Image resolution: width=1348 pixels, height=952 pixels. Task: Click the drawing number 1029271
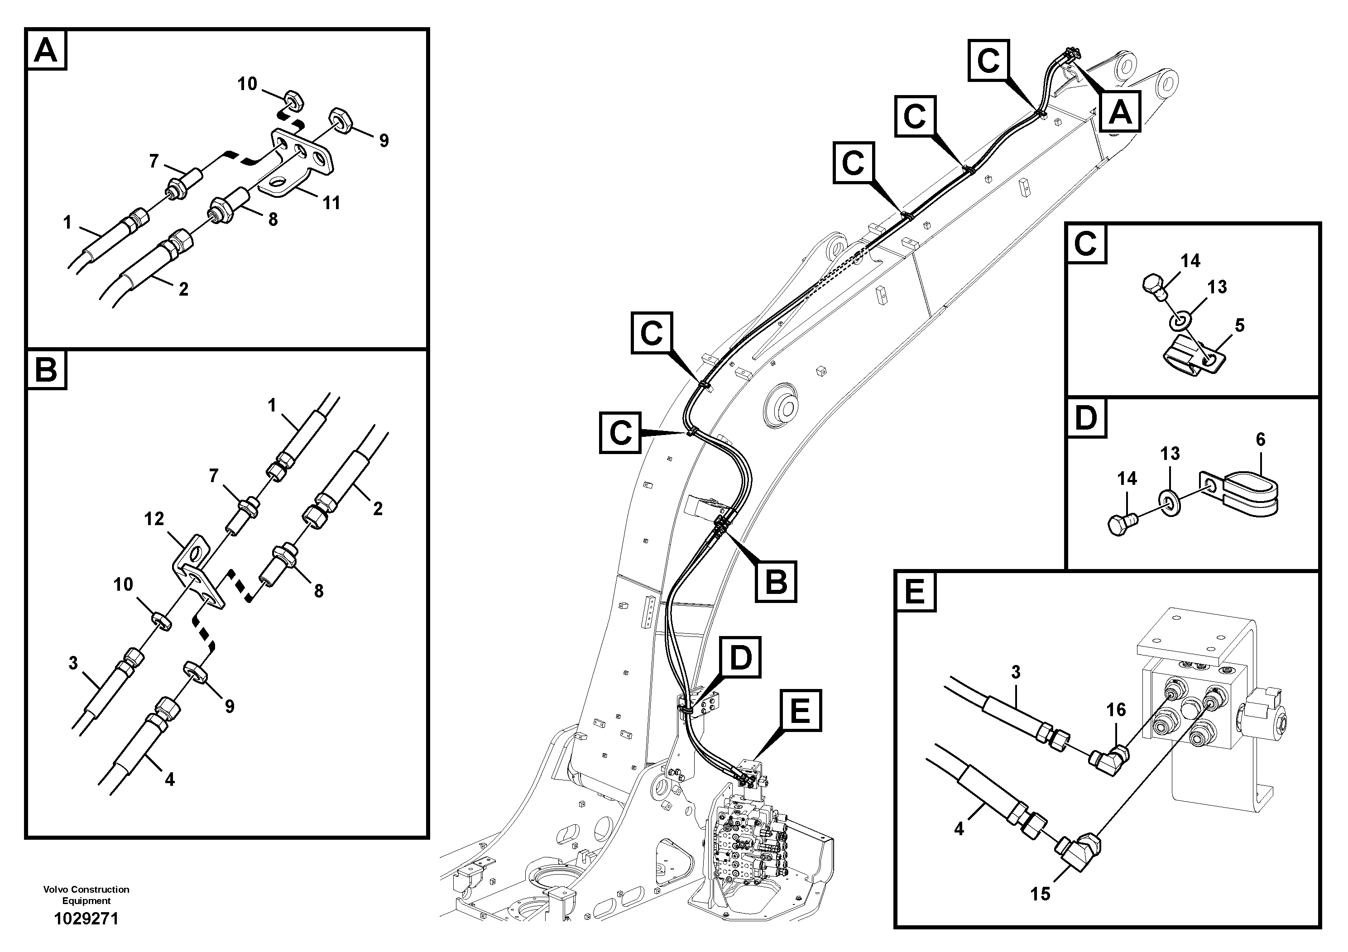pyautogui.click(x=86, y=919)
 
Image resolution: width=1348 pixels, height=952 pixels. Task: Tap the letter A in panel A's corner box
pyautogui.click(x=46, y=51)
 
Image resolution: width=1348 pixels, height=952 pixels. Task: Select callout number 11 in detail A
pyautogui.click(x=332, y=203)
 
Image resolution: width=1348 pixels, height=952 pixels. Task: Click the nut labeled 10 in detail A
pyautogui.click(x=293, y=100)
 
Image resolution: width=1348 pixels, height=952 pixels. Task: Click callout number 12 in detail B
pyautogui.click(x=154, y=519)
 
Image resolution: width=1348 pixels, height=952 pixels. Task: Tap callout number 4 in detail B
pyautogui.click(x=170, y=780)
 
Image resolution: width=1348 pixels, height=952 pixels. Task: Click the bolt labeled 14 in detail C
pyautogui.click(x=1155, y=288)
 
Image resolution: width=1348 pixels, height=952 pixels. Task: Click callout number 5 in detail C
pyautogui.click(x=1239, y=325)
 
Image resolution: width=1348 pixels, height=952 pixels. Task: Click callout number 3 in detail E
pyautogui.click(x=1016, y=672)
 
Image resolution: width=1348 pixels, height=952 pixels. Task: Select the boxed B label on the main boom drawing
pyautogui.click(x=776, y=582)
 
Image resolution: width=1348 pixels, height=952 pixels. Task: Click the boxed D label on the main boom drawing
pyautogui.click(x=740, y=657)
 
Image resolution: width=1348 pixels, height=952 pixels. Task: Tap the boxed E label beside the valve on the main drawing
pyautogui.click(x=800, y=711)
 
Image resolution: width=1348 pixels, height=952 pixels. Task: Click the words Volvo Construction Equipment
pyautogui.click(x=86, y=895)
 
